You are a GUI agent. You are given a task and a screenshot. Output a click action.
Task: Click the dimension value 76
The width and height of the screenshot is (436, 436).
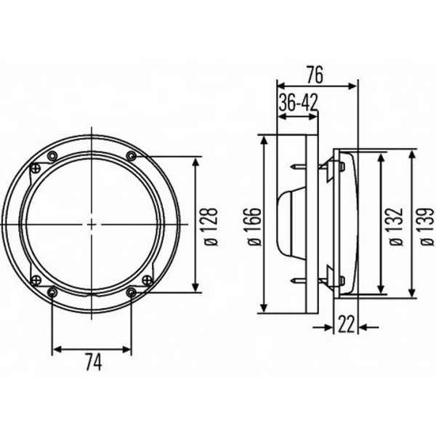click(x=315, y=75)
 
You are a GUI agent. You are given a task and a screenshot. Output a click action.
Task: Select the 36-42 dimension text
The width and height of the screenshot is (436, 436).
click(x=298, y=102)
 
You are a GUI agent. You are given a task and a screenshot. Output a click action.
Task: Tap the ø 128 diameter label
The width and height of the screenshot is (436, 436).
click(x=211, y=227)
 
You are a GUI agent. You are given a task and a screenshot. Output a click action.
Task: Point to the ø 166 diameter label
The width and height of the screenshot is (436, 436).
click(x=254, y=226)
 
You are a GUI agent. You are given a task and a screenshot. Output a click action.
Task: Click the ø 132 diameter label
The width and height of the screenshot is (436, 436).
click(x=396, y=226)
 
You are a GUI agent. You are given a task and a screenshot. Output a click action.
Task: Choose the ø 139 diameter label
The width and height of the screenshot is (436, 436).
click(x=427, y=226)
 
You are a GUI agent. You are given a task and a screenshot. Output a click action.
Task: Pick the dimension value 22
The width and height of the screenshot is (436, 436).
click(x=347, y=324)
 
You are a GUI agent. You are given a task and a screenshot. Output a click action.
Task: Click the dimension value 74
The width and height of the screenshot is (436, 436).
click(x=94, y=362)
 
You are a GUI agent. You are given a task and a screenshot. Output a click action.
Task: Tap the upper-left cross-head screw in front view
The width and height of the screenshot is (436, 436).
click(x=36, y=168)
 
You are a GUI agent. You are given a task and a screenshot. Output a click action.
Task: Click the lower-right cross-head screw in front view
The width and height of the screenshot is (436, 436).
click(x=147, y=280)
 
